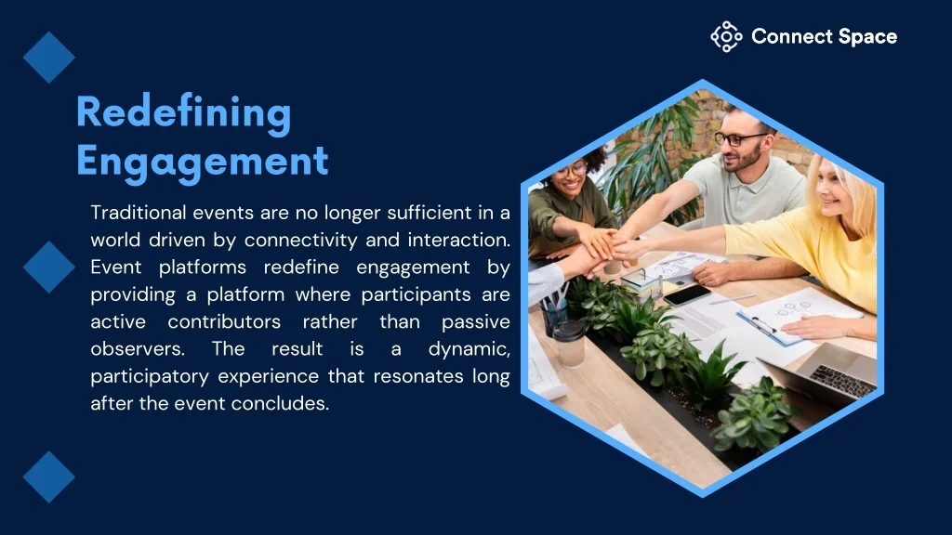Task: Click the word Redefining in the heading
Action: tap(183, 112)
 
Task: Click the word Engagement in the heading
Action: tap(202, 161)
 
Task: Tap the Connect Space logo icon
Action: tap(726, 36)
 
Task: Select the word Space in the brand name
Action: tap(867, 37)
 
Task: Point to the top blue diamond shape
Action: tap(49, 57)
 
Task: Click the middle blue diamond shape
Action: tap(49, 267)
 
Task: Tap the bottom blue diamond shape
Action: tap(49, 476)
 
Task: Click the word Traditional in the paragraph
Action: tap(139, 213)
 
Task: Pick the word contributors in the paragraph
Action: tap(224, 322)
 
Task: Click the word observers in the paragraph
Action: tap(138, 349)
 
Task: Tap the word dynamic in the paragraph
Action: tap(469, 350)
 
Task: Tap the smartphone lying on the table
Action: tap(687, 294)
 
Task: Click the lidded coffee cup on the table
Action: tap(570, 343)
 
